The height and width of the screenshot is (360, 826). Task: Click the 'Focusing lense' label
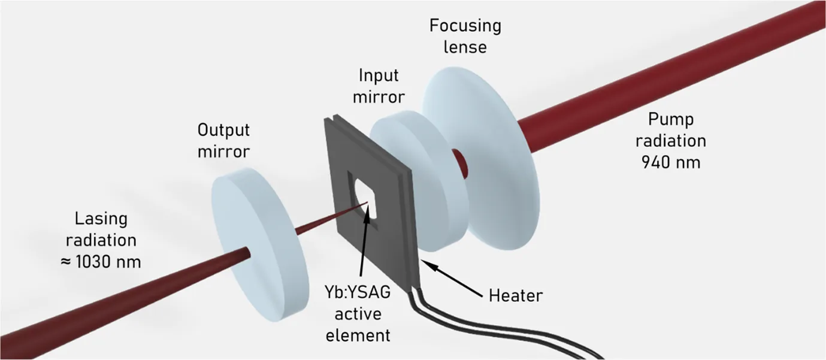465,36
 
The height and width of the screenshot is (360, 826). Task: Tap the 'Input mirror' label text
379,86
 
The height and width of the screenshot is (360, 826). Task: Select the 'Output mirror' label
223,141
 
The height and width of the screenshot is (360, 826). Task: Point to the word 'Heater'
516,295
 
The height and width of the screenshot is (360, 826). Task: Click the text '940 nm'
671,162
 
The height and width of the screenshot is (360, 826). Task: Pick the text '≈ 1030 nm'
101,262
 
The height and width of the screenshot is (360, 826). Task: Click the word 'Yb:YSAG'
358,292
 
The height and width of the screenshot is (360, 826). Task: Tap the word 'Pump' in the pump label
671,120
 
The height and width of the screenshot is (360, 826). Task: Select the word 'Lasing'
101,219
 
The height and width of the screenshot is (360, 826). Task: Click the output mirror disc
260,244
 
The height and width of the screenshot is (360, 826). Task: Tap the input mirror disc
413,181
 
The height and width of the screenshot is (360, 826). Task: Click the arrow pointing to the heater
452,279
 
